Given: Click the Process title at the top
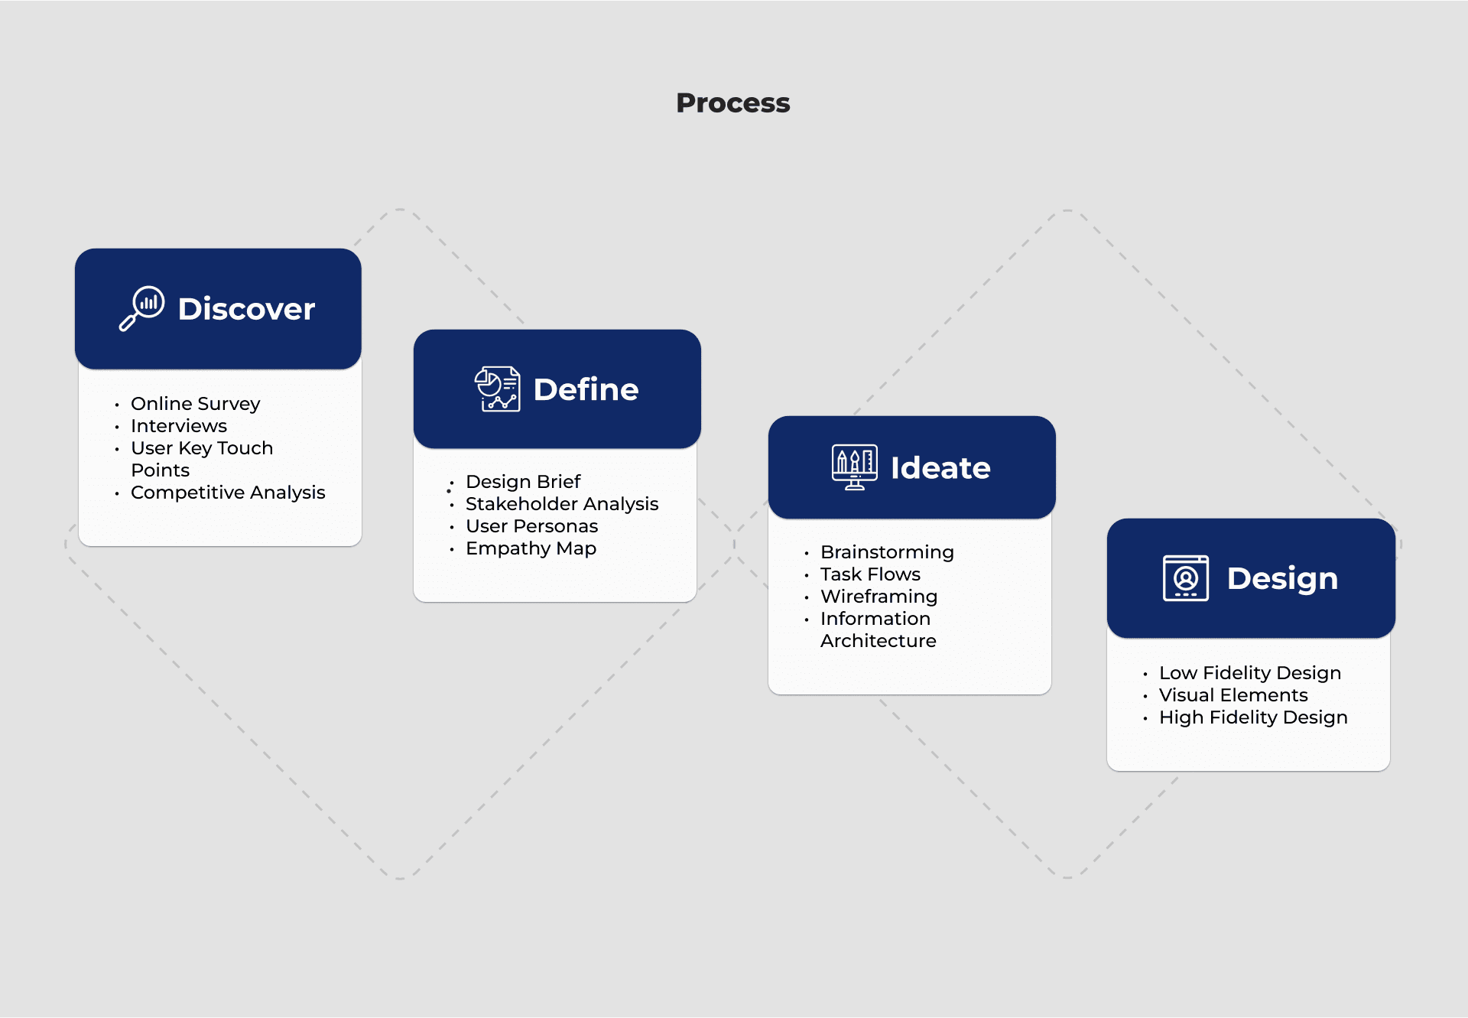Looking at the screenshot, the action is click(732, 102).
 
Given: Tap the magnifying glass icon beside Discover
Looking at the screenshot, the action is click(142, 308).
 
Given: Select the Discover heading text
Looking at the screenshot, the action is click(246, 309).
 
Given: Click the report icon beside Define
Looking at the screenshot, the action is click(497, 389).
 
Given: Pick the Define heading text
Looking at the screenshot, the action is click(586, 389).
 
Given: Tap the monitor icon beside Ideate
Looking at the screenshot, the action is click(855, 467).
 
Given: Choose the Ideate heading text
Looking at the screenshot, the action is click(940, 468).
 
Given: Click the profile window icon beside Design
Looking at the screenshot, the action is click(1186, 578).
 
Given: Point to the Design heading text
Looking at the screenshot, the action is click(1282, 579).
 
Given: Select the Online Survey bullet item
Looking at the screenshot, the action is click(195, 404).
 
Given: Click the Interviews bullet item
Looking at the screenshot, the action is click(179, 425).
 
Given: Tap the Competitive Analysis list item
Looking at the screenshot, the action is click(228, 493).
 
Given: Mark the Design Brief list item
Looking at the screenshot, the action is click(523, 482).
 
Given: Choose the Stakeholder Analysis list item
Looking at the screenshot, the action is click(562, 504).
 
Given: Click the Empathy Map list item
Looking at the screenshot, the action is click(531, 548).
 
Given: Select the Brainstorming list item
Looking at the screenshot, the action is click(887, 552).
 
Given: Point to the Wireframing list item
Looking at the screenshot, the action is click(879, 597).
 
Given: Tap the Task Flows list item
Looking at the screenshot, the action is click(870, 574).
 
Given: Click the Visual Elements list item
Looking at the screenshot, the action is click(1233, 695).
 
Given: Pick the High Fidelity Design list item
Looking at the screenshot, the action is click(1253, 717).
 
